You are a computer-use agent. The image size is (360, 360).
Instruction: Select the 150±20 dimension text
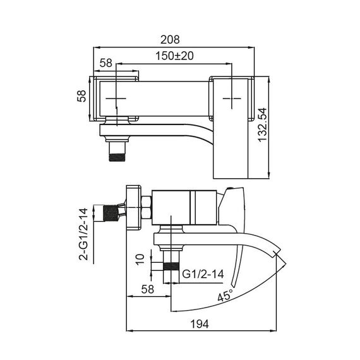(175, 56)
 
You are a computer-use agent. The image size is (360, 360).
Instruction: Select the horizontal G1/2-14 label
(203, 275)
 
